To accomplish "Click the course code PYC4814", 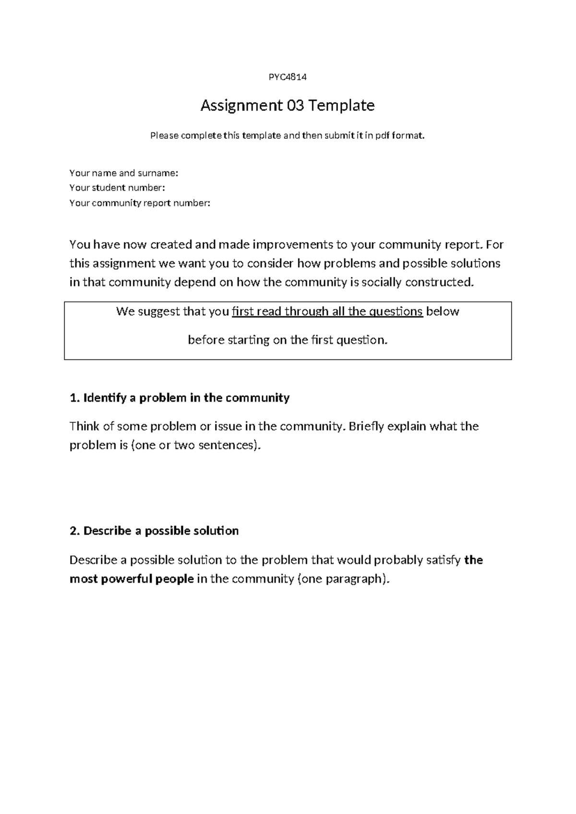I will click(287, 77).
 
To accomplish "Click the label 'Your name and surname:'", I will click(123, 173).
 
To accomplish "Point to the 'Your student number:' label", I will click(117, 188).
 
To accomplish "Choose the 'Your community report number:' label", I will click(140, 203).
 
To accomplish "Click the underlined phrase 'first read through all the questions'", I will click(327, 311).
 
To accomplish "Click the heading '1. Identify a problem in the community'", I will click(180, 398).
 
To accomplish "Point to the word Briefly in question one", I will click(366, 426).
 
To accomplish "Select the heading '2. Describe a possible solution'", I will click(154, 531).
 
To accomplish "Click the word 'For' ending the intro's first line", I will click(494, 245).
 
